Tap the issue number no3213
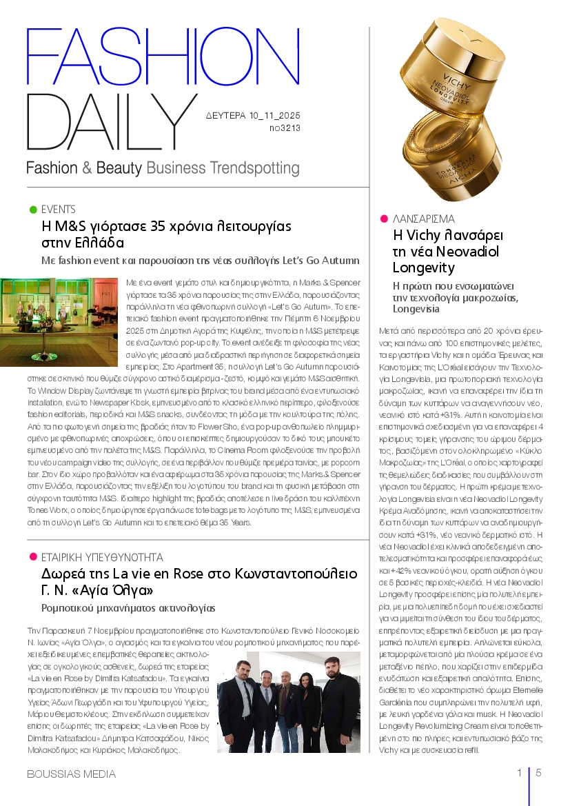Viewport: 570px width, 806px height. [284, 128]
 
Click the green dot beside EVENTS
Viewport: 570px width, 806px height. [32, 209]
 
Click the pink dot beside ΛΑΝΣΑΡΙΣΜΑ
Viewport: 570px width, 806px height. [384, 219]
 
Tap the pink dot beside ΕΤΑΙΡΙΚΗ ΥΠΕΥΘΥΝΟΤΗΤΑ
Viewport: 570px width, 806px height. [32, 556]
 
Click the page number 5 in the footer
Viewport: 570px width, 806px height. [538, 773]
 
